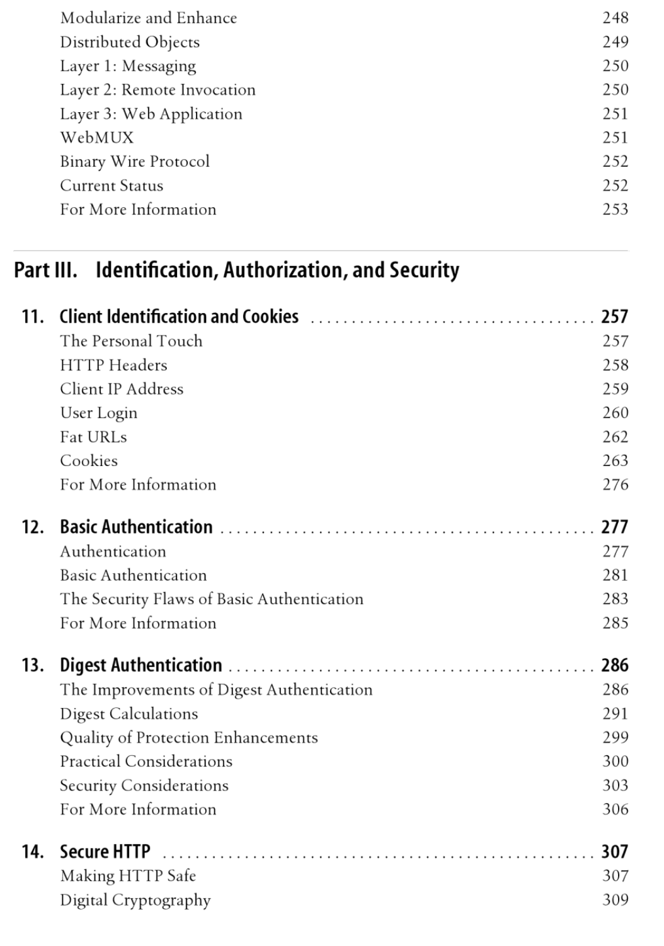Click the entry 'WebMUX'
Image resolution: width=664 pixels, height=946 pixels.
(96, 138)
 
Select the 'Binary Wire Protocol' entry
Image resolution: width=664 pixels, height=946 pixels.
(134, 162)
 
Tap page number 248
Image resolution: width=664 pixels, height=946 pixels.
(615, 18)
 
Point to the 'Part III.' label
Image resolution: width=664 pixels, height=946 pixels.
(45, 270)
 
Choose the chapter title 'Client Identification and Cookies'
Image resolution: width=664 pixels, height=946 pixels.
(179, 316)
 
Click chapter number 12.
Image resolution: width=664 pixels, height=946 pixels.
(32, 527)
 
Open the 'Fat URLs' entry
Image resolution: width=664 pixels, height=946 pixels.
(93, 437)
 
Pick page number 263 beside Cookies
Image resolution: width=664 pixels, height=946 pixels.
(615, 461)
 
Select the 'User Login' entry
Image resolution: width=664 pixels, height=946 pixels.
(98, 413)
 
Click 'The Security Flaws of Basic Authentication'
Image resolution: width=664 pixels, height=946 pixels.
(212, 599)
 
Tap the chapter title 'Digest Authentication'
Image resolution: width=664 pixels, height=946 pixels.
(140, 665)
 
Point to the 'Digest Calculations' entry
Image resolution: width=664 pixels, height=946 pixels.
(129, 714)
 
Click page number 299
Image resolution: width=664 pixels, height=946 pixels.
(615, 738)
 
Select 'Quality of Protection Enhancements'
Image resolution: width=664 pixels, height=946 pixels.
(188, 738)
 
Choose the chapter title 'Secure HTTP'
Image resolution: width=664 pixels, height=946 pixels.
(105, 852)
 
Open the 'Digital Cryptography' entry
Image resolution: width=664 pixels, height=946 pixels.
(135, 901)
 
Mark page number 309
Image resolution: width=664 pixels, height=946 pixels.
(615, 900)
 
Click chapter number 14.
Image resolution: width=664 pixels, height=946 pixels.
(32, 852)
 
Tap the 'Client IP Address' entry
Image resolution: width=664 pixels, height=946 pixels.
(122, 389)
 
